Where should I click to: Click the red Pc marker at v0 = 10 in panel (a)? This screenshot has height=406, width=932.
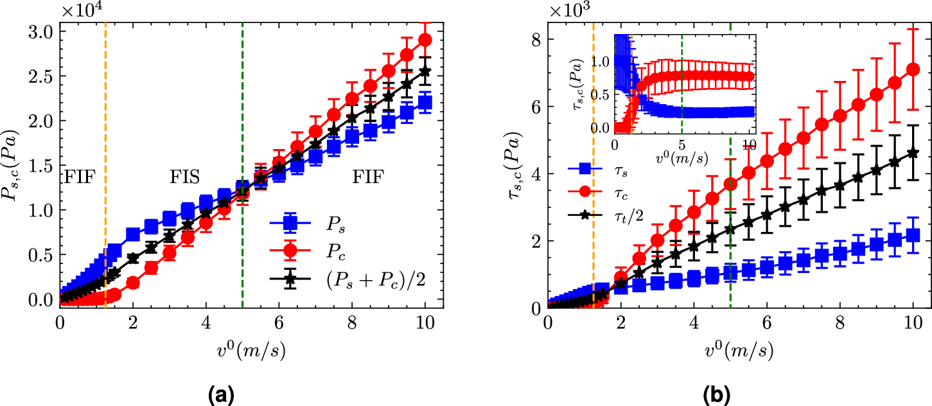[x=425, y=40]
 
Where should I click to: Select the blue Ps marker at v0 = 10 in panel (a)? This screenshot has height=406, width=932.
[x=425, y=103]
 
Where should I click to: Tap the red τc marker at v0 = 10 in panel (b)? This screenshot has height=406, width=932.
[x=913, y=69]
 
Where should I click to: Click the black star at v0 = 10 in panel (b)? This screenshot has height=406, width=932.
[x=913, y=153]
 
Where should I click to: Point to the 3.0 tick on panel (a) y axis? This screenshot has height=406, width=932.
[x=42, y=31]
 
